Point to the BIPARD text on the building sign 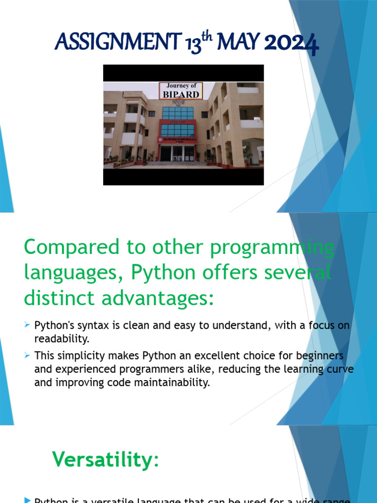(x=181, y=94)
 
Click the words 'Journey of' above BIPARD (x=181, y=86)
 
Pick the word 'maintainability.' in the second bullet (x=170, y=382)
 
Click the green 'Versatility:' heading (x=106, y=460)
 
